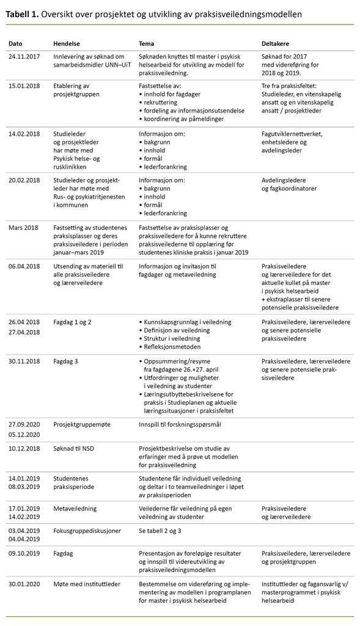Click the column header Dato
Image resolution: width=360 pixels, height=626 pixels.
(16, 44)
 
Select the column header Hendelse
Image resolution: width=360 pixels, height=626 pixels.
(67, 44)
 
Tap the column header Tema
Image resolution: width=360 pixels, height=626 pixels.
(147, 44)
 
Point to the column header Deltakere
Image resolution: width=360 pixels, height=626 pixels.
(275, 44)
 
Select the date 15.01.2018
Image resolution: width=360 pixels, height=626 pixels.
(25, 86)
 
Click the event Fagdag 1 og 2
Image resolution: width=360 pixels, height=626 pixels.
(73, 322)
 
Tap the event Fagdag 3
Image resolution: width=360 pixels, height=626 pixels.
(66, 361)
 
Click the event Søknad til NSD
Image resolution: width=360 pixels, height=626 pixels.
(74, 448)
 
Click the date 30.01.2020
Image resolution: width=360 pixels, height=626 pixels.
(25, 584)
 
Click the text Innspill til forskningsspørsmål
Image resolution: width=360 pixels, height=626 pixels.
(186, 424)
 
